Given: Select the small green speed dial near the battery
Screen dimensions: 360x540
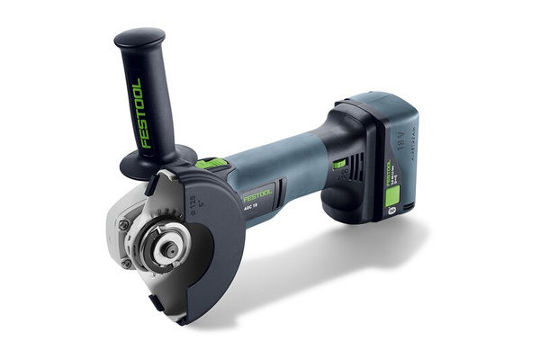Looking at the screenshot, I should coord(339,164).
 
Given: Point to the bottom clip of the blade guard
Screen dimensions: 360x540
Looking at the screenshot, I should coord(183,316).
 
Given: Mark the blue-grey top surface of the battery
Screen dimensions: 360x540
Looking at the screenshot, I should coord(382,103).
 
